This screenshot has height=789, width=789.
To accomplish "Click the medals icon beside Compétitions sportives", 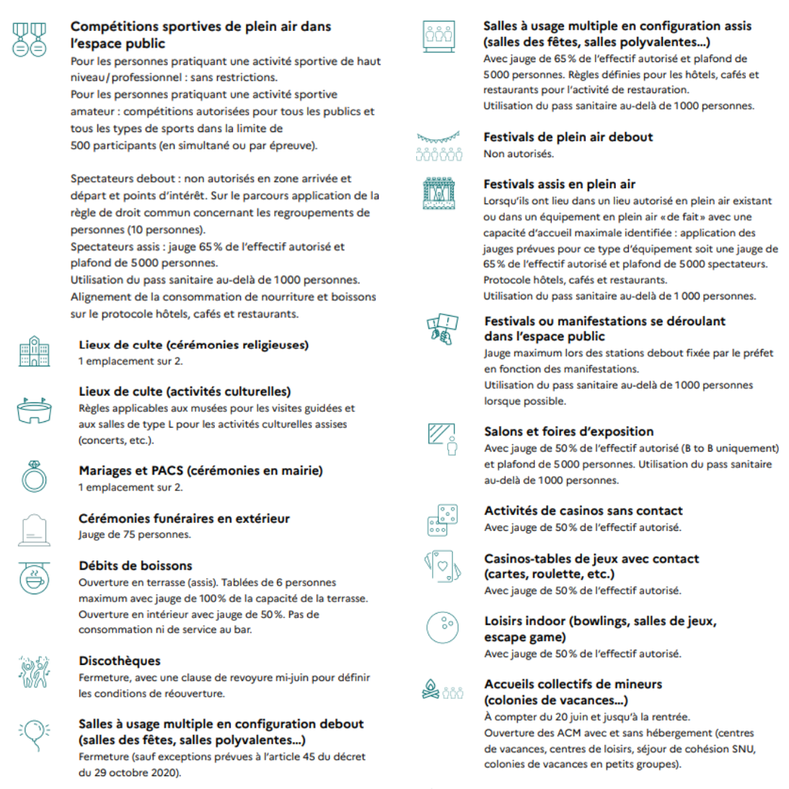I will pyautogui.click(x=29, y=39).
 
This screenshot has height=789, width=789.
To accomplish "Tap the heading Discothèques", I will pyautogui.click(x=120, y=661).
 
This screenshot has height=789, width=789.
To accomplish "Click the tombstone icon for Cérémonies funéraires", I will pyautogui.click(x=33, y=530).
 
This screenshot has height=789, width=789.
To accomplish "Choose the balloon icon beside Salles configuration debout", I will pyautogui.click(x=34, y=734).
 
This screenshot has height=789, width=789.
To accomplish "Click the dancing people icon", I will pyautogui.click(x=33, y=672).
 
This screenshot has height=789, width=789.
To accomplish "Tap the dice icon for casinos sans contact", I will pyautogui.click(x=441, y=520).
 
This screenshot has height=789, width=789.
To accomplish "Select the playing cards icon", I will pyautogui.click(x=441, y=566).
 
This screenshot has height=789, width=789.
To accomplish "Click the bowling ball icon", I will pyautogui.click(x=442, y=627).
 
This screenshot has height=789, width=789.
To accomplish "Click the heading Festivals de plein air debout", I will pyautogui.click(x=568, y=137).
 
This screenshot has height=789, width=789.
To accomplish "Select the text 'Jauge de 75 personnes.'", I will pyautogui.click(x=135, y=534).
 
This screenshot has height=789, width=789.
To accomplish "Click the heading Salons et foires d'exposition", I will pyautogui.click(x=569, y=431).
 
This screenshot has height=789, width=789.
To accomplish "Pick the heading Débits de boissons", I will pyautogui.click(x=136, y=565).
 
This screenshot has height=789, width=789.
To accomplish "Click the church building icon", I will pyautogui.click(x=34, y=351).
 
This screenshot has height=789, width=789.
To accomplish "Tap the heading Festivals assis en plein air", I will pyautogui.click(x=559, y=184).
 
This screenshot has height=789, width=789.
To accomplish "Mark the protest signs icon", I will pyautogui.click(x=442, y=328).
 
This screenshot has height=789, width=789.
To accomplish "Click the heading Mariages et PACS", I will pyautogui.click(x=200, y=470).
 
